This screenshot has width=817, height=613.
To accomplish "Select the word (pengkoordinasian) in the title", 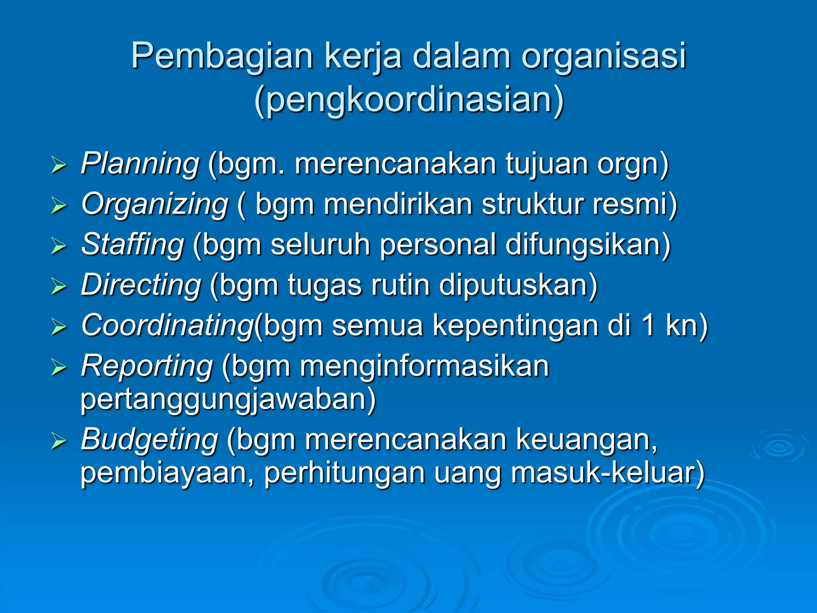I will pos(409,100).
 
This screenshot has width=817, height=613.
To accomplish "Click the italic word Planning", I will pos(140,164).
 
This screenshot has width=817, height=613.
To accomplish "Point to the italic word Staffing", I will pos(132,245).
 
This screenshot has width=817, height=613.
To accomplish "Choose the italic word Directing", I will pos(141,285).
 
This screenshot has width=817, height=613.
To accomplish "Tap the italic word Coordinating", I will pos(167,326).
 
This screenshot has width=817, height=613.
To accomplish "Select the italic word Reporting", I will pos(147,366).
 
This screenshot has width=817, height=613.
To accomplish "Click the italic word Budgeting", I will pos(149,439).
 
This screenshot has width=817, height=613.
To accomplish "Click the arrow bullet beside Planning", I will pos(59,165).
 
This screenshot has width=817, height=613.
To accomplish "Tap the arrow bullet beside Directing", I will pos(59,286).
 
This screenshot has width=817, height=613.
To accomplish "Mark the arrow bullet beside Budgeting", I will pos(59,441).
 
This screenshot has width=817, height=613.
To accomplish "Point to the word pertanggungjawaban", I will pos(228,399).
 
